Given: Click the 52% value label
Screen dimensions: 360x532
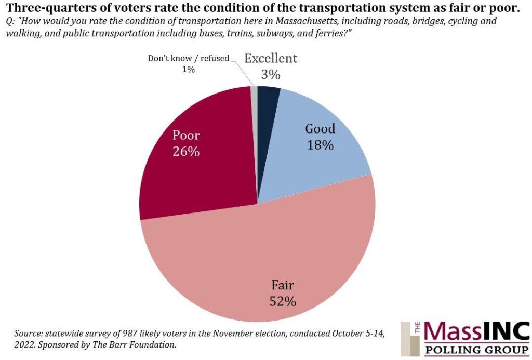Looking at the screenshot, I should [283, 301].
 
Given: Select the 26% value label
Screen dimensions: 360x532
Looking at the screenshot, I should [187, 152].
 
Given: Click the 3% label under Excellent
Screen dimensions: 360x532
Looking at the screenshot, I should [271, 75].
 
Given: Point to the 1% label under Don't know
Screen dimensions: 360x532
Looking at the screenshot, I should [189, 69].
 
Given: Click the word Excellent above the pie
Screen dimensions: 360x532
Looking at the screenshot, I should [271, 58].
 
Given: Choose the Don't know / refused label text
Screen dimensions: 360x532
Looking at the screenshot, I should [189, 58].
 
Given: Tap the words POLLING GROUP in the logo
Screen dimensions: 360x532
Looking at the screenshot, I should [477, 350].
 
